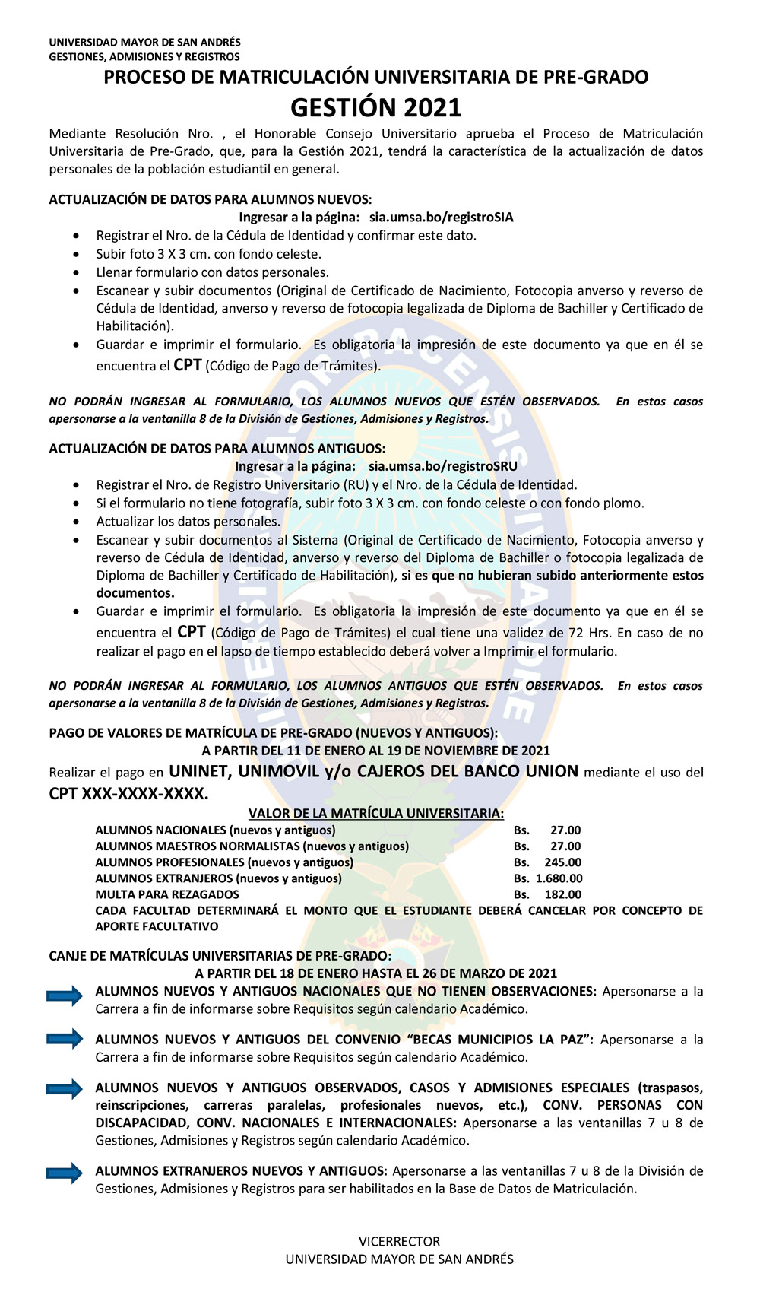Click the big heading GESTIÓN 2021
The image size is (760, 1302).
[375, 108]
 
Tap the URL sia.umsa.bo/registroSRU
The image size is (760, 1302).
[442, 466]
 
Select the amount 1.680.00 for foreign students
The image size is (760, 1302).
[559, 878]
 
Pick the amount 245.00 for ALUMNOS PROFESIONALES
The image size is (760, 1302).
[562, 862]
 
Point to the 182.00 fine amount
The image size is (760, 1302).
[562, 894]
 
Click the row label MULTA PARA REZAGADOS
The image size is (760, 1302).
[167, 894]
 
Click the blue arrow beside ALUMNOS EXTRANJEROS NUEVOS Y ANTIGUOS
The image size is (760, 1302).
[65, 1173]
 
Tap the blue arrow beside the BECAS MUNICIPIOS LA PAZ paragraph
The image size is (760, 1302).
[65, 1039]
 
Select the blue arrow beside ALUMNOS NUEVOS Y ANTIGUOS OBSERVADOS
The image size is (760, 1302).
[65, 1088]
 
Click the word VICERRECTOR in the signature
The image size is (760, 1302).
[399, 1241]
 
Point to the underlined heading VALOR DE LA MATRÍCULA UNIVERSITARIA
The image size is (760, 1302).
[375, 814]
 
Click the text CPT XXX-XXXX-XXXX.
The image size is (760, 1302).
[128, 794]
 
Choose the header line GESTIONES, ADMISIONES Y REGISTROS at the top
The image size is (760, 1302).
[144, 56]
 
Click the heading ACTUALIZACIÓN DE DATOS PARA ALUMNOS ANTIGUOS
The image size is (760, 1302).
[217, 449]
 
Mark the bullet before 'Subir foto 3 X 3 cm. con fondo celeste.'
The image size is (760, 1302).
[76, 255]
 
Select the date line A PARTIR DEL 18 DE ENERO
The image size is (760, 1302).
[375, 973]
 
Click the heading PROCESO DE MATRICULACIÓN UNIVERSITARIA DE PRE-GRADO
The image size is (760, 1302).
[375, 77]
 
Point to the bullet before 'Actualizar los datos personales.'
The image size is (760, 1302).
[76, 522]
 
